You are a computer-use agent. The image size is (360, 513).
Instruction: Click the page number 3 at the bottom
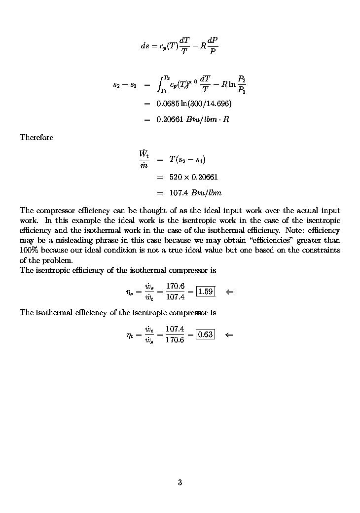click(x=180, y=482)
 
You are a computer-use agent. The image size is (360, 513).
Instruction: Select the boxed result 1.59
click(x=205, y=292)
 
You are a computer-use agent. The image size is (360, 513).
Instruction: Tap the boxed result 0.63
click(x=205, y=334)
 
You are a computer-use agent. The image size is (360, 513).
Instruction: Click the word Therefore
click(x=36, y=137)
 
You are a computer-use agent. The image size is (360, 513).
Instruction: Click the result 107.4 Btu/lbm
click(x=189, y=192)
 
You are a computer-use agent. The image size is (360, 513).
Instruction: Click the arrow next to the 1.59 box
click(x=229, y=292)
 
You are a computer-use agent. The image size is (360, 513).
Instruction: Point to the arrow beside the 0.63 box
click(x=229, y=334)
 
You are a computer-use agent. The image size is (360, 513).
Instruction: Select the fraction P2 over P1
click(x=242, y=84)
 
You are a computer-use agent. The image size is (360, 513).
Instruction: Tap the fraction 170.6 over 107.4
click(x=175, y=292)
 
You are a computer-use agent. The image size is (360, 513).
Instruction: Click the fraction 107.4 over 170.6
click(x=175, y=334)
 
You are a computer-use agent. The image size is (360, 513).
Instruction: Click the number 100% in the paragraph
click(x=29, y=250)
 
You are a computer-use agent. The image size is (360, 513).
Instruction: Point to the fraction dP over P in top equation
click(x=213, y=45)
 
